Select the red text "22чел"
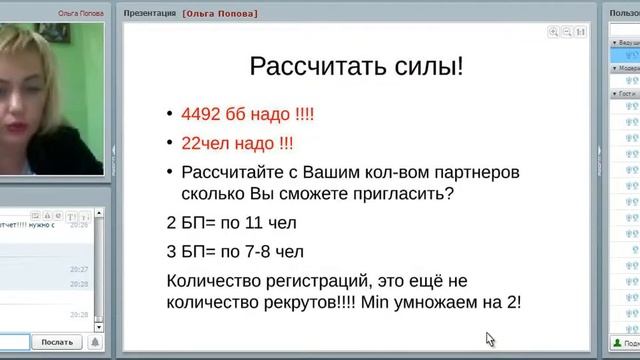(x=206, y=142)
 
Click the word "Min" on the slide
(x=372, y=304)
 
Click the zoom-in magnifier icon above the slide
(x=553, y=32)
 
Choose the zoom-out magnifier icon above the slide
(x=566, y=32)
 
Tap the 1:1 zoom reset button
(x=580, y=32)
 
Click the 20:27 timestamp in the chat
(x=79, y=269)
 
